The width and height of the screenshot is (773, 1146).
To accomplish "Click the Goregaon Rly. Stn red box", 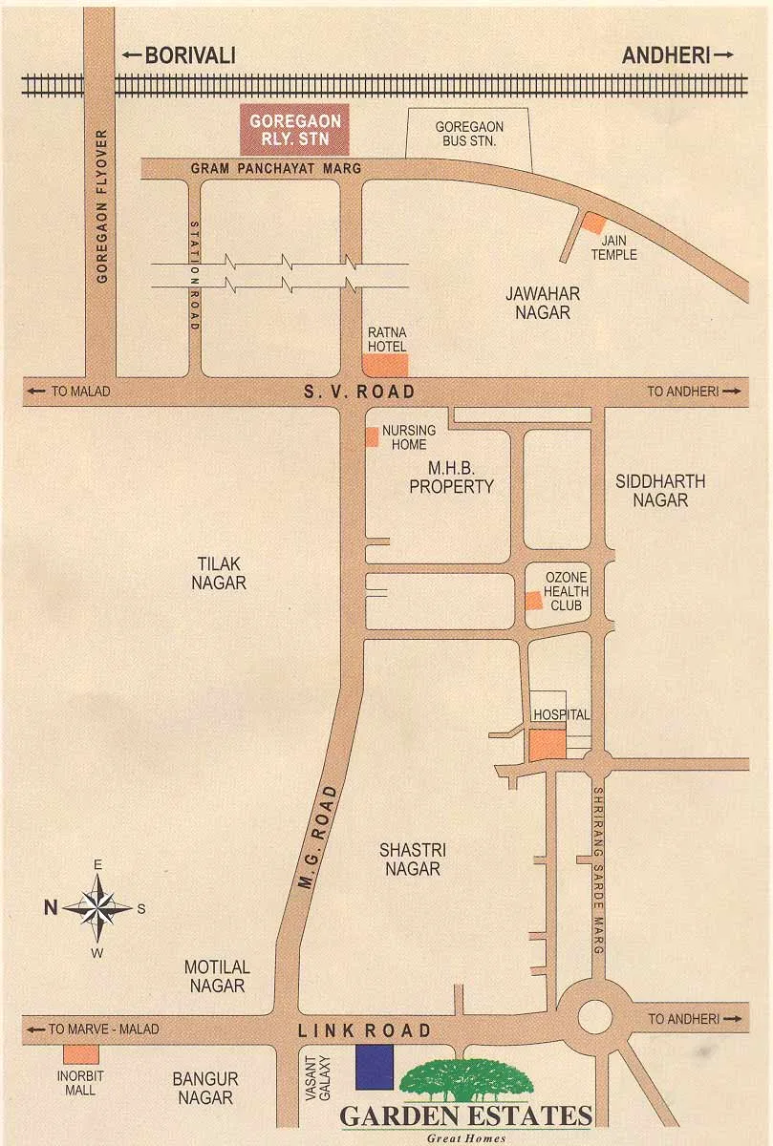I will pyautogui.click(x=294, y=131).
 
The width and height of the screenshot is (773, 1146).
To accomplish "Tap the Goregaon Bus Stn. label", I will pyautogui.click(x=469, y=134).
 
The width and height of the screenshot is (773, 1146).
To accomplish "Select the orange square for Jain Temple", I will pyautogui.click(x=594, y=223).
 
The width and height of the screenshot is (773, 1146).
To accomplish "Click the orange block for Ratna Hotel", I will pyautogui.click(x=385, y=364).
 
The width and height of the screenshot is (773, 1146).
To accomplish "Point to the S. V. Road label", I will pyautogui.click(x=359, y=392).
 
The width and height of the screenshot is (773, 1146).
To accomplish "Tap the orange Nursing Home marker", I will pyautogui.click(x=371, y=436).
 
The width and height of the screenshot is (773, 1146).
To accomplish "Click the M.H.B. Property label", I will pyautogui.click(x=451, y=477).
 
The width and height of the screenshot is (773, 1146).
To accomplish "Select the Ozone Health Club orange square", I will pyautogui.click(x=533, y=600).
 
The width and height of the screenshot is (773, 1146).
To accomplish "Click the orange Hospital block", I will pyautogui.click(x=548, y=744).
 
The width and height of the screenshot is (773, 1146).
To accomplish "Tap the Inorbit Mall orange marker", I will pyautogui.click(x=80, y=1054).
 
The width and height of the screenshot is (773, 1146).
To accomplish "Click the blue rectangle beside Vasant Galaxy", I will pyautogui.click(x=375, y=1067).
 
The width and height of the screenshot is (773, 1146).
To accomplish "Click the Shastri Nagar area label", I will pyautogui.click(x=413, y=859).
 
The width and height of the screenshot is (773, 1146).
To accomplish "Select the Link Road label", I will pyautogui.click(x=364, y=1030).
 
